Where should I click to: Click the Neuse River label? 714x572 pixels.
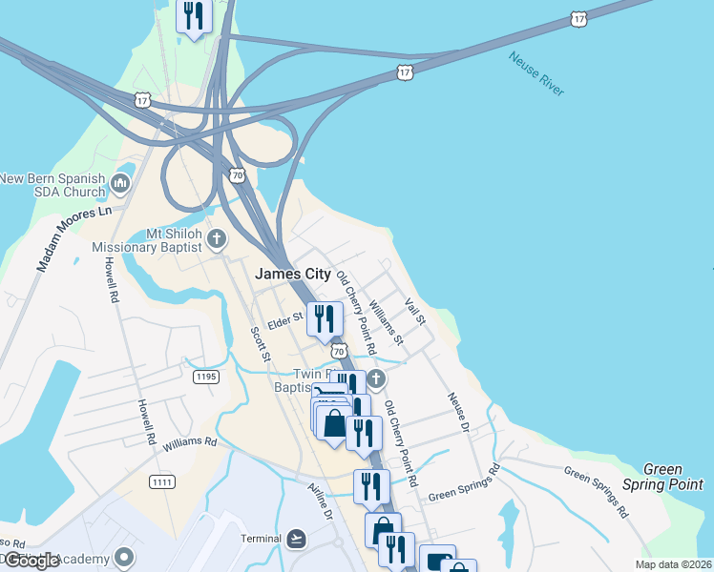(536, 73)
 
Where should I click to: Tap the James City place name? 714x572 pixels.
(293, 274)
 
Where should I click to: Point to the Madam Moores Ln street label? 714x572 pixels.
(74, 239)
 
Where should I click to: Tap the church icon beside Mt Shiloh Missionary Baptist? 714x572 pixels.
(217, 238)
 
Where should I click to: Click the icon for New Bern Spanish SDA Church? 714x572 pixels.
(120, 182)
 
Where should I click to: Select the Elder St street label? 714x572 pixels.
(285, 319)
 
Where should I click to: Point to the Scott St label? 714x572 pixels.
(260, 345)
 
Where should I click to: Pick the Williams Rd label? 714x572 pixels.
(189, 443)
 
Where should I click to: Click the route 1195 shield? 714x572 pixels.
(206, 378)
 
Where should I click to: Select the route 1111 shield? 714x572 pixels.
(161, 482)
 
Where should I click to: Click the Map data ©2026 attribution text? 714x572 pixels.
(674, 564)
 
